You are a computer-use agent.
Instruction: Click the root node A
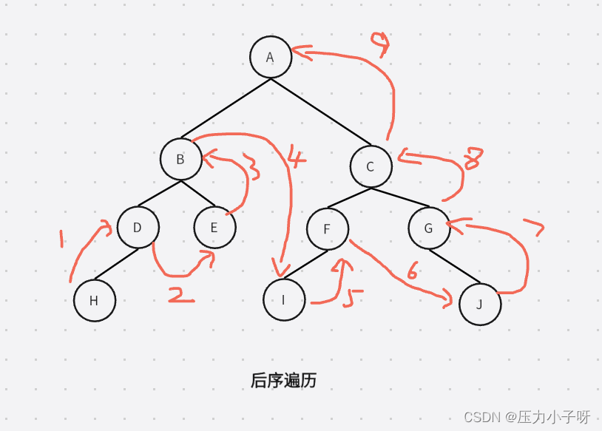tap(271, 57)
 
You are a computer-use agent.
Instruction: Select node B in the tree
tap(181, 159)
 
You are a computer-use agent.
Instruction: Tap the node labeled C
tap(371, 166)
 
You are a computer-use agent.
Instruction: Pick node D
tap(138, 227)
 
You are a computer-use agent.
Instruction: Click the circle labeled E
tap(214, 227)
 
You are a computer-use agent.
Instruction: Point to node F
tap(328, 228)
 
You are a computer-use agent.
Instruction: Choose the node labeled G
tap(429, 228)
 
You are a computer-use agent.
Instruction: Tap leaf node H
tap(95, 300)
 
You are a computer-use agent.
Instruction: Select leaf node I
tap(284, 300)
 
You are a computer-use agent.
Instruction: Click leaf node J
tap(479, 304)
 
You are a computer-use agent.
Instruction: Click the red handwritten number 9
tap(380, 45)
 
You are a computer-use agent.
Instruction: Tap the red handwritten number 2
tap(180, 296)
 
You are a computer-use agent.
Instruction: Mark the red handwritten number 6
tap(412, 271)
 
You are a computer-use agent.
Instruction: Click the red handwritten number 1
tap(63, 238)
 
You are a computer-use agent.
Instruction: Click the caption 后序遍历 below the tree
tap(283, 381)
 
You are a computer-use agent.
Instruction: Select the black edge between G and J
tap(454, 266)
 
